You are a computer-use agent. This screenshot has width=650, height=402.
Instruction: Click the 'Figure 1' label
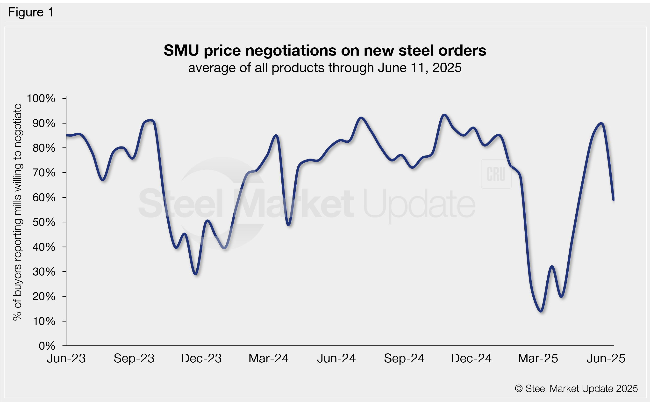[31, 12]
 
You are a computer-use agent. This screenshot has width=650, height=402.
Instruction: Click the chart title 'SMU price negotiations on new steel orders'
[325, 50]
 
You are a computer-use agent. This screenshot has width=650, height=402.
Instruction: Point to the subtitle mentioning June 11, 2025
[325, 68]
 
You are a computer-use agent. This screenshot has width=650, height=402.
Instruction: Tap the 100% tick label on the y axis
[41, 98]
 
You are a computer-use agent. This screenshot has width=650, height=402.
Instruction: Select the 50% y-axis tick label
[44, 222]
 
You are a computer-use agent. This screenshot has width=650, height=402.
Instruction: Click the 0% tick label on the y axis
[47, 346]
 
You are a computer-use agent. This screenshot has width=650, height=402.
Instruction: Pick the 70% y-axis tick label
[44, 173]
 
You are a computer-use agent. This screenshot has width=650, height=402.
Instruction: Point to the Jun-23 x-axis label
[66, 358]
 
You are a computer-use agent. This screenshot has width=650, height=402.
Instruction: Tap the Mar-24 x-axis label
[268, 358]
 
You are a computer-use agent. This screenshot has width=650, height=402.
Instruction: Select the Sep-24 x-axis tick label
[404, 358]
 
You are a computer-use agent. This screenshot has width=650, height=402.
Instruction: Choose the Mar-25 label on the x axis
[538, 358]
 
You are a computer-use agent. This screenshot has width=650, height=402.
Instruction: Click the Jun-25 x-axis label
[606, 358]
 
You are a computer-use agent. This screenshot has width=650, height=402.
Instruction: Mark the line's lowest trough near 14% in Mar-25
[541, 311]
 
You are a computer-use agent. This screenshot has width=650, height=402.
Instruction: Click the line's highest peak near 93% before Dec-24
[444, 115]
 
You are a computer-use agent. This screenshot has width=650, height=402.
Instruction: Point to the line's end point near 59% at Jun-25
[614, 200]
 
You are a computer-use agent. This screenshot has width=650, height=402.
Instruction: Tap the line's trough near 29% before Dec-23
[196, 274]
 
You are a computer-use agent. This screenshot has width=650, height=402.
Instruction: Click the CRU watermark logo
[496, 174]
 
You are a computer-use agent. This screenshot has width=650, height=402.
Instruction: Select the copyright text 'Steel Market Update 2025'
[576, 388]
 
